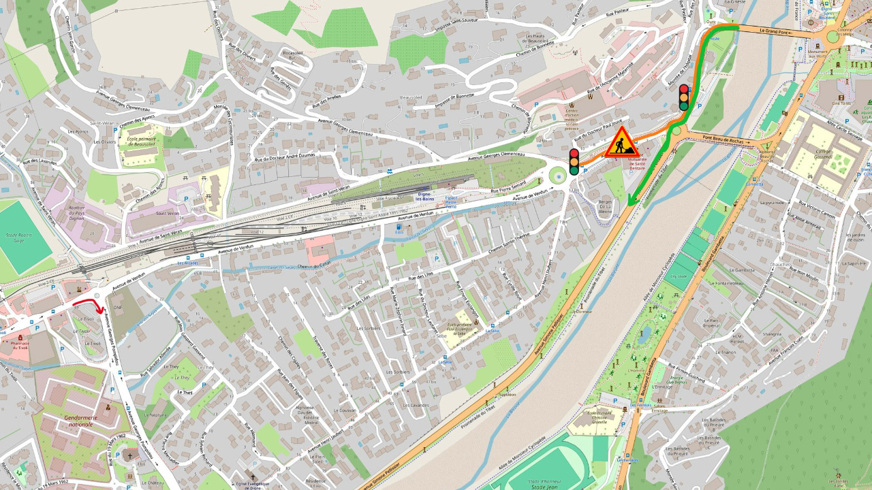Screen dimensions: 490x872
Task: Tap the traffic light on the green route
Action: point(683,97)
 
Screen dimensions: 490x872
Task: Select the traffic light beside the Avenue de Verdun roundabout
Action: point(574,162)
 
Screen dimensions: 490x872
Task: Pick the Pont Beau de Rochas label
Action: point(726,140)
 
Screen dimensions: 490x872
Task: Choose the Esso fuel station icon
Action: point(399,227)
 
